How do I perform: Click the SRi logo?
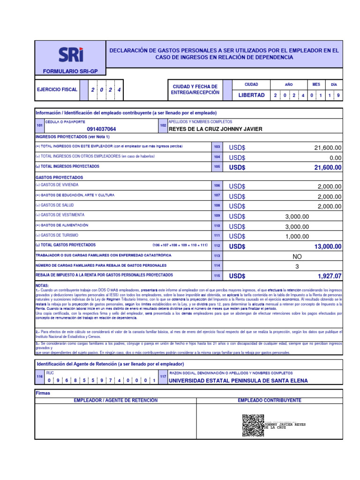tap(71, 55)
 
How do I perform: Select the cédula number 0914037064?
tap(102, 129)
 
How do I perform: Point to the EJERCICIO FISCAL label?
tap(57, 89)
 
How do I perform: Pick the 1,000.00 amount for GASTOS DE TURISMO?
tap(297, 236)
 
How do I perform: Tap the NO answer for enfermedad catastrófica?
tap(297, 256)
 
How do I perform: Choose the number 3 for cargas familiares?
tap(297, 266)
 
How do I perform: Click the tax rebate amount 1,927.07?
tap(329, 277)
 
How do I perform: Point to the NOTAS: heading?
tap(42, 285)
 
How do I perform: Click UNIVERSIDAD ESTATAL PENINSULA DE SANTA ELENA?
tap(238, 381)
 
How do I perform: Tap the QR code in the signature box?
tap(253, 425)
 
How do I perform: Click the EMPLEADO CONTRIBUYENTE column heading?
tap(269, 400)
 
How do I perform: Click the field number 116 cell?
tap(39, 377)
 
